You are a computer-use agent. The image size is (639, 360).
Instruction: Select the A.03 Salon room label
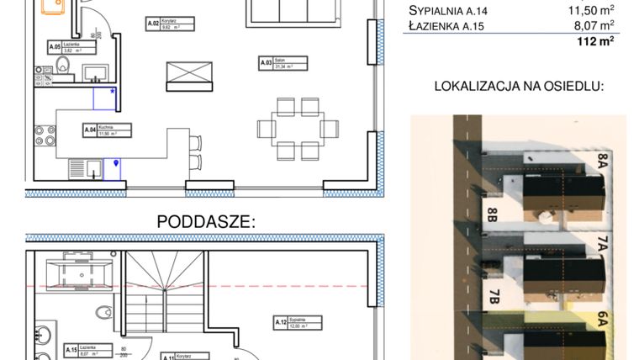[282, 63]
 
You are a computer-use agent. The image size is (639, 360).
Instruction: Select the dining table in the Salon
[298, 129]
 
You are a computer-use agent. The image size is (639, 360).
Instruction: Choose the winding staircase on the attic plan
[165, 290]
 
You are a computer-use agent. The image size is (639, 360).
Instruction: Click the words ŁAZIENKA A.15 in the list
[447, 26]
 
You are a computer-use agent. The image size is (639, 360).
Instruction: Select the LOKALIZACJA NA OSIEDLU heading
[519, 87]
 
